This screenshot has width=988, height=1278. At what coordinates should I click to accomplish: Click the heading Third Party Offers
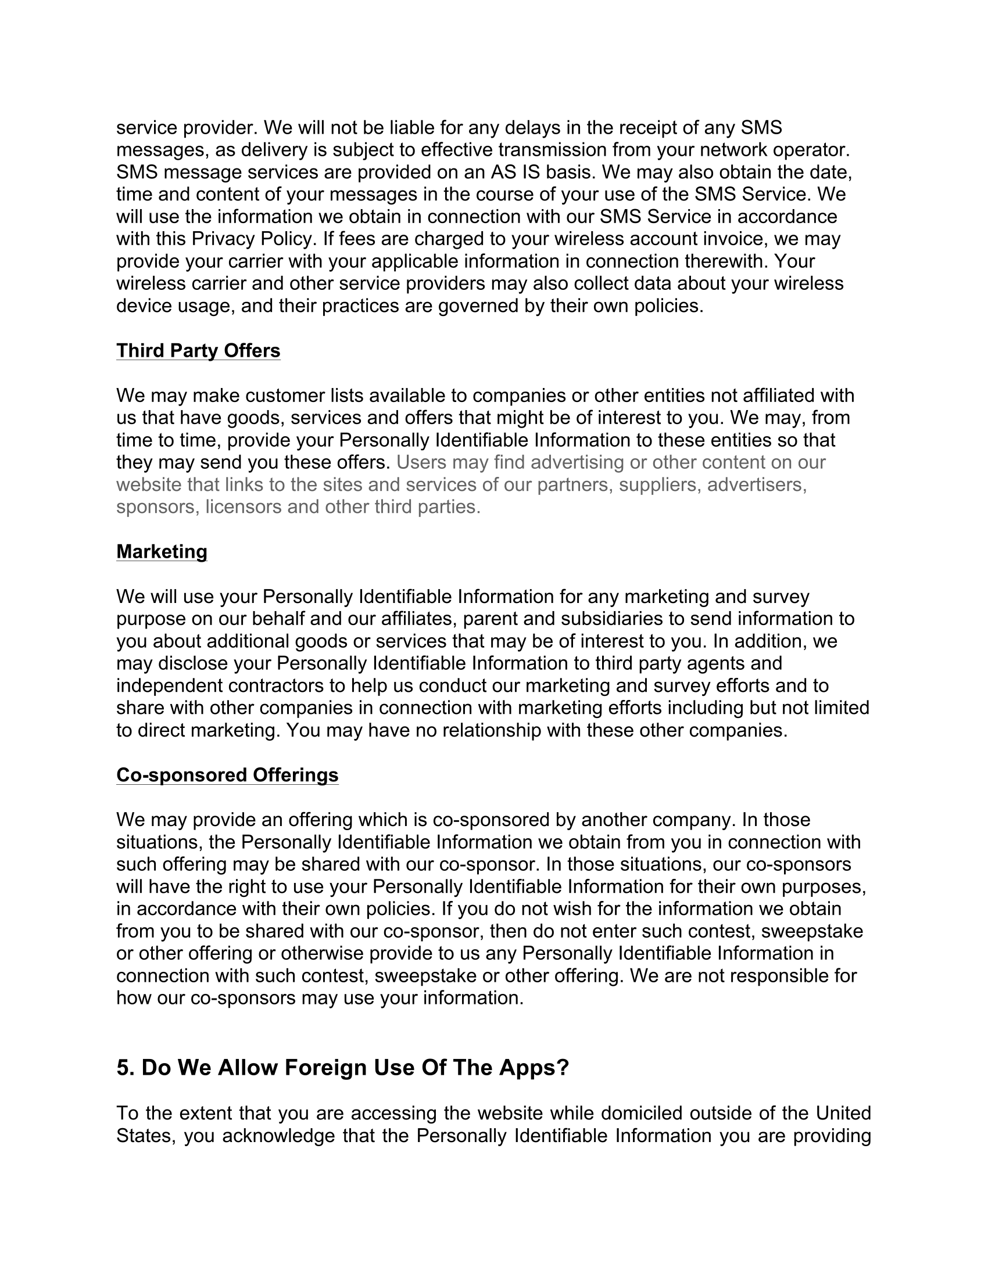(198, 350)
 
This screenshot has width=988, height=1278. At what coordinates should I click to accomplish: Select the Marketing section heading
(162, 551)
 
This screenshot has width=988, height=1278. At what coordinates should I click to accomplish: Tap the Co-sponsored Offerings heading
(227, 775)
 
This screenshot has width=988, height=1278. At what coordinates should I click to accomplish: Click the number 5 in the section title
(122, 1068)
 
